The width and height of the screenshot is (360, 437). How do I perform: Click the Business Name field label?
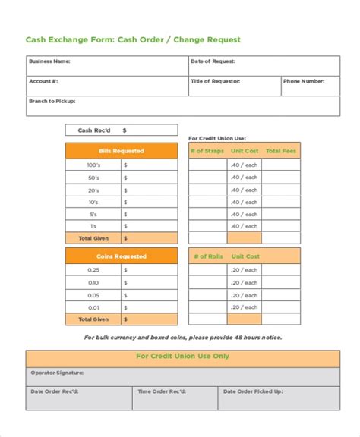[49, 61]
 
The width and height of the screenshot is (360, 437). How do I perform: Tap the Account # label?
[43, 80]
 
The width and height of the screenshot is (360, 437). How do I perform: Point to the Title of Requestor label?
[216, 80]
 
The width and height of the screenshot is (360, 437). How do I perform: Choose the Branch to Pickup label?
[52, 100]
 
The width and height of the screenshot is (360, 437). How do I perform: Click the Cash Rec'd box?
[122, 130]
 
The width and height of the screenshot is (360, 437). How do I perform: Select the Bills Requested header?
[122, 151]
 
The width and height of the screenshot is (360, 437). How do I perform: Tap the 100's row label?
[93, 165]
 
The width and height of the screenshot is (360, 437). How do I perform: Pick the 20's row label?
[93, 190]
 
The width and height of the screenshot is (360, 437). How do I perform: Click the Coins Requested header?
[122, 256]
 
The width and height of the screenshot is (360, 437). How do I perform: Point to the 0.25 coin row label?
[93, 270]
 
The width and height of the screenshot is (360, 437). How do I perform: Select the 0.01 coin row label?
[93, 307]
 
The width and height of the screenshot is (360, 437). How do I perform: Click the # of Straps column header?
[207, 151]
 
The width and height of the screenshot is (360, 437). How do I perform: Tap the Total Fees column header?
[281, 151]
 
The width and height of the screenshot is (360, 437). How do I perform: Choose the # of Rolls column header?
[207, 256]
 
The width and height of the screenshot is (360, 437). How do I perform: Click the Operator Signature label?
[57, 373]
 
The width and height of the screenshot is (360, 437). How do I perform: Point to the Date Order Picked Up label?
[253, 391]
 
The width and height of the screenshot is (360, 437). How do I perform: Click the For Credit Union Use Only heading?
[182, 356]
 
